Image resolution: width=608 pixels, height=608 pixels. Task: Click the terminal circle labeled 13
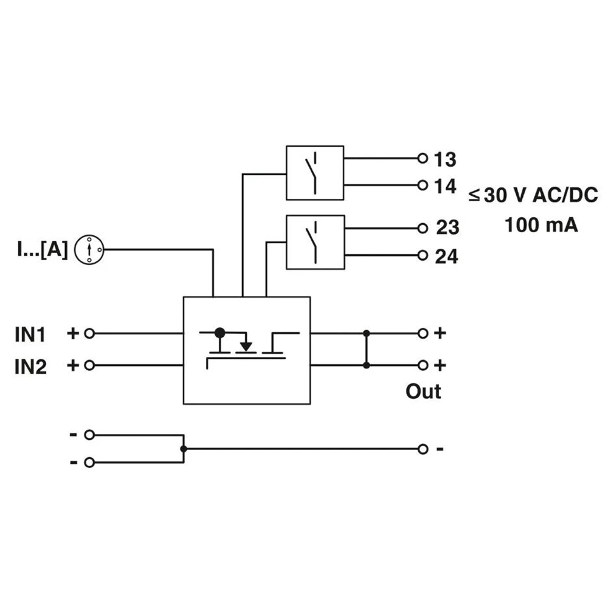(x=423, y=159)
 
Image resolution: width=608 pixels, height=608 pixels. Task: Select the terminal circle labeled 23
(x=423, y=229)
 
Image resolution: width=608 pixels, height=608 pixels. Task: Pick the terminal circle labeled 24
(x=423, y=255)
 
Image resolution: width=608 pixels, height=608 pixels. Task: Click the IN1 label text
(x=31, y=334)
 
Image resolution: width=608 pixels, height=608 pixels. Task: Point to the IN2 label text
(x=31, y=367)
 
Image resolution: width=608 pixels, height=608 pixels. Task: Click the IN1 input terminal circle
(x=89, y=333)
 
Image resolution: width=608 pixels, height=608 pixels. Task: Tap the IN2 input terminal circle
(x=89, y=365)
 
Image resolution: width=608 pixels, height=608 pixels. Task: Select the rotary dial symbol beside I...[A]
(x=89, y=249)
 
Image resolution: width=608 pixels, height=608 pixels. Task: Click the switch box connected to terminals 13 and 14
(x=315, y=173)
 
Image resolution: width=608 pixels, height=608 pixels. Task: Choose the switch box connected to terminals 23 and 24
(x=315, y=241)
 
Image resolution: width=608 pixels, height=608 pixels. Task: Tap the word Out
(x=423, y=392)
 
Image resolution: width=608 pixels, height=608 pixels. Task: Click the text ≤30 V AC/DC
(x=533, y=195)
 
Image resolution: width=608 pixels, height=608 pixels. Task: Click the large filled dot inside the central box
(x=220, y=333)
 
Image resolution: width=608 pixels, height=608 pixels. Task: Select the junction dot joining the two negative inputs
(x=184, y=449)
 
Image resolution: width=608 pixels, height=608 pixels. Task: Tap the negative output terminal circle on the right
(x=423, y=449)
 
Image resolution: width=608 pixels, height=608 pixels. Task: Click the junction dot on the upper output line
(x=366, y=333)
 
